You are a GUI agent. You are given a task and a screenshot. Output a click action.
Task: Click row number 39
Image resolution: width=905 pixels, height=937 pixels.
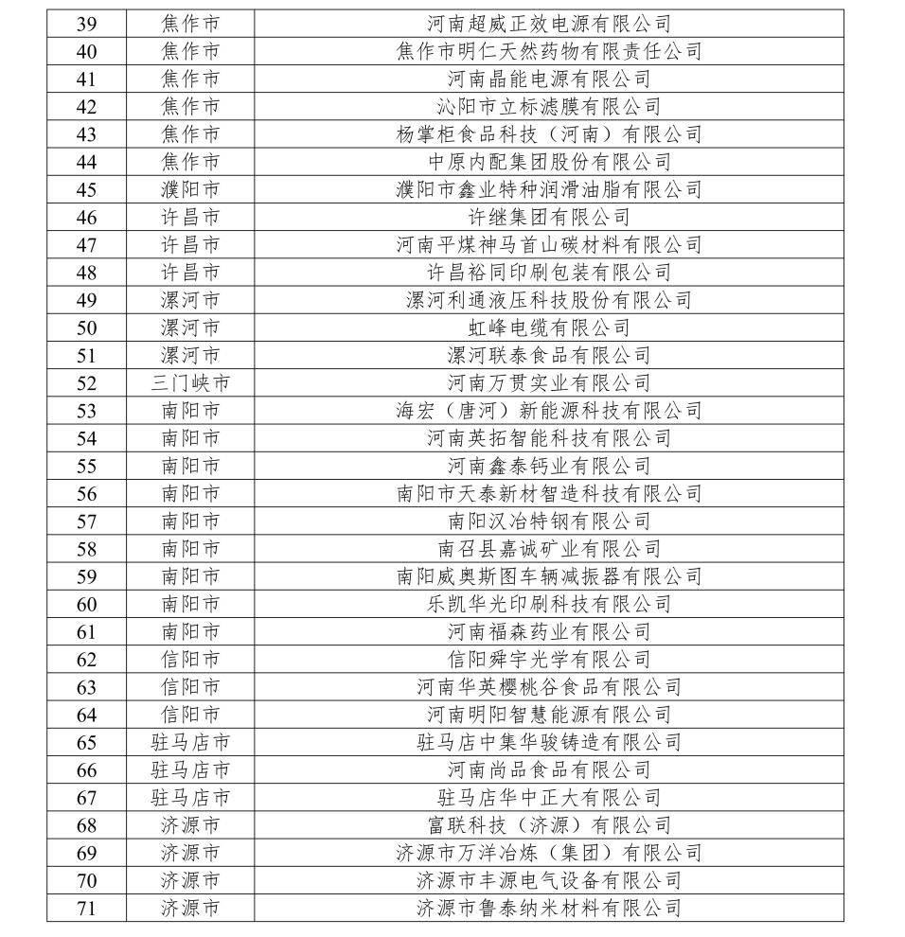tap(86, 23)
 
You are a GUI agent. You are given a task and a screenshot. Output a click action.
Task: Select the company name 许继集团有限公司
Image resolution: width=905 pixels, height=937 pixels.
tap(549, 217)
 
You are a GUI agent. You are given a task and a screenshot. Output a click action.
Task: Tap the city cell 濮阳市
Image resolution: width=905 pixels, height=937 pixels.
tap(190, 189)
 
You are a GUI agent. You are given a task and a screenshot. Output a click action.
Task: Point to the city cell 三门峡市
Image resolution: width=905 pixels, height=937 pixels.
tap(190, 382)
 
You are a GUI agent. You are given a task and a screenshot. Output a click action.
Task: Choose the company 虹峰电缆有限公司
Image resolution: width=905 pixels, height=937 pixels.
tap(549, 327)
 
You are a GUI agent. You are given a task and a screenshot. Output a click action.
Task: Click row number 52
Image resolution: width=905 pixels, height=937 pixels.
tap(86, 382)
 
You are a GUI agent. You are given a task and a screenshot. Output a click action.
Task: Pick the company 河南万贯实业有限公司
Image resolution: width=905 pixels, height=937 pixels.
tap(549, 382)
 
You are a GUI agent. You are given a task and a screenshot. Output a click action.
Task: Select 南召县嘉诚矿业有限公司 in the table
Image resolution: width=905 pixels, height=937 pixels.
tap(549, 549)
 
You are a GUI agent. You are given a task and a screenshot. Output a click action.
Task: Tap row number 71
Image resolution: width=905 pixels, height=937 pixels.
tap(86, 908)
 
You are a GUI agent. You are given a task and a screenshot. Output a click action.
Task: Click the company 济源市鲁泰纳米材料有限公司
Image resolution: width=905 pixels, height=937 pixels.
tap(549, 908)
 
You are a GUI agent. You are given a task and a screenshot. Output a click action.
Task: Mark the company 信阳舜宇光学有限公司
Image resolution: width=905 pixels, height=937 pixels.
tap(549, 659)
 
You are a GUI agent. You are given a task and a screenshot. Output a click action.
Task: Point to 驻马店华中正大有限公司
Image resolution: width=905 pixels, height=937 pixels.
tap(549, 797)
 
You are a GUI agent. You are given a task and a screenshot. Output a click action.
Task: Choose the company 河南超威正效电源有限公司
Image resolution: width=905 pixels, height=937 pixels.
tap(549, 23)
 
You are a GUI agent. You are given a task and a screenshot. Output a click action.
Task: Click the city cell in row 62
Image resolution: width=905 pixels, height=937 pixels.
tap(190, 659)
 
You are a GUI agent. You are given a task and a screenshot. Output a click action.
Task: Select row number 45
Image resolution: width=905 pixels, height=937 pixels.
tap(86, 189)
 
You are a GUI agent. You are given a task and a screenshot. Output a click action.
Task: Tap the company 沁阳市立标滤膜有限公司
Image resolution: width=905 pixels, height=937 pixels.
tap(549, 106)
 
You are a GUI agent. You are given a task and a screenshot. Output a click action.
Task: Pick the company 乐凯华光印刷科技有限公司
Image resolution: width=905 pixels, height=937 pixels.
tap(549, 604)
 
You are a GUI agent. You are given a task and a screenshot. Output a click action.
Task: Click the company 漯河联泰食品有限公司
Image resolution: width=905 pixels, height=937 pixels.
tap(549, 355)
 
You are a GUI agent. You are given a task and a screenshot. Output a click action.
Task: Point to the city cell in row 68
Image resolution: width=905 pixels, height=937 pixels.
tap(190, 825)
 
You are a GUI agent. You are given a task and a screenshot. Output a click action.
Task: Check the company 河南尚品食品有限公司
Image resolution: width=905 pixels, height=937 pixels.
tap(549, 769)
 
